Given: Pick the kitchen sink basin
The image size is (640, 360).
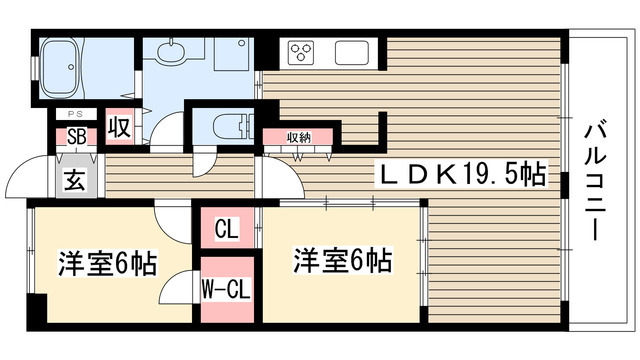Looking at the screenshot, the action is click(x=353, y=51).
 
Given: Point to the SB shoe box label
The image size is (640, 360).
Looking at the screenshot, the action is click(x=76, y=137).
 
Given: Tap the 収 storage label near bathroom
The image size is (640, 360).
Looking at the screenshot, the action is click(x=119, y=128).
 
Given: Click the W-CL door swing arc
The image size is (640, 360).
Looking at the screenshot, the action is click(x=181, y=286).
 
